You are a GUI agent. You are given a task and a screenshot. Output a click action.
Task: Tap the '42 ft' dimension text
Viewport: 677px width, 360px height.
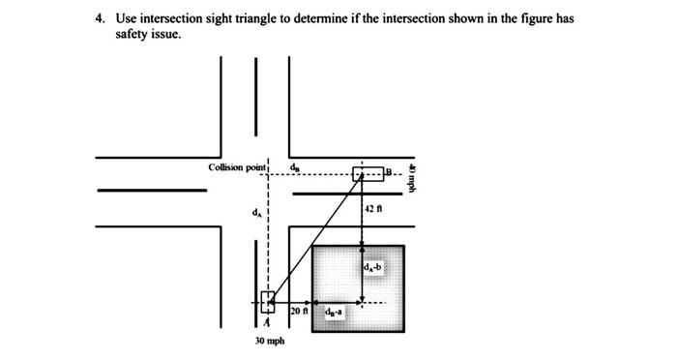(375, 208)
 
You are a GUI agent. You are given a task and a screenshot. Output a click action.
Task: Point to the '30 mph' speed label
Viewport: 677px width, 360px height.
(269, 341)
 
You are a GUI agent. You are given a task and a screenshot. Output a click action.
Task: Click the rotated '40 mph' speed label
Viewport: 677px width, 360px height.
(412, 175)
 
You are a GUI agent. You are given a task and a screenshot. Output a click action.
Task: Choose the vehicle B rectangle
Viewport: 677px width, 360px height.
(368, 174)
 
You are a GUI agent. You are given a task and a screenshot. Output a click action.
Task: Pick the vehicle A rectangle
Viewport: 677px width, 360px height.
(268, 302)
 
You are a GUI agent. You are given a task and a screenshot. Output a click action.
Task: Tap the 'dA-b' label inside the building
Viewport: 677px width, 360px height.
(374, 265)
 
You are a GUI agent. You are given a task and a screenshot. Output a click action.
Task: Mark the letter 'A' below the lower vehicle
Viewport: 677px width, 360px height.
(268, 323)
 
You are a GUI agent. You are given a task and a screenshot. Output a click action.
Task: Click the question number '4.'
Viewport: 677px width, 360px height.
(99, 18)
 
